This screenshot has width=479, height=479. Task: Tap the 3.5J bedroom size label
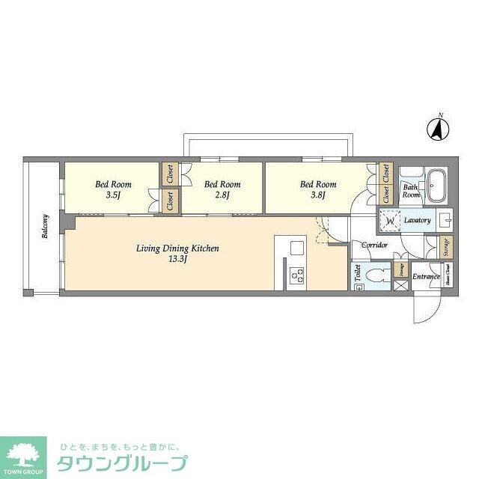coord(113,197)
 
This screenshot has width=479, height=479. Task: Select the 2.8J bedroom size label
coord(222,197)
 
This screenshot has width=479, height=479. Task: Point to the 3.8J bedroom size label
coord(318,197)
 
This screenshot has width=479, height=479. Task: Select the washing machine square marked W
coord(388,221)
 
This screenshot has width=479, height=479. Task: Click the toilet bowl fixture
coord(376,274)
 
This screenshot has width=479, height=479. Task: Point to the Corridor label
coord(374,245)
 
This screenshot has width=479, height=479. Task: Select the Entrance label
coord(425,276)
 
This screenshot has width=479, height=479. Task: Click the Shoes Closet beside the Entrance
coord(449,278)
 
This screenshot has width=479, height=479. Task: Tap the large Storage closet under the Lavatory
coord(447,248)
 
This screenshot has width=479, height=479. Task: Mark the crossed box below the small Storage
coord(401,286)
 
